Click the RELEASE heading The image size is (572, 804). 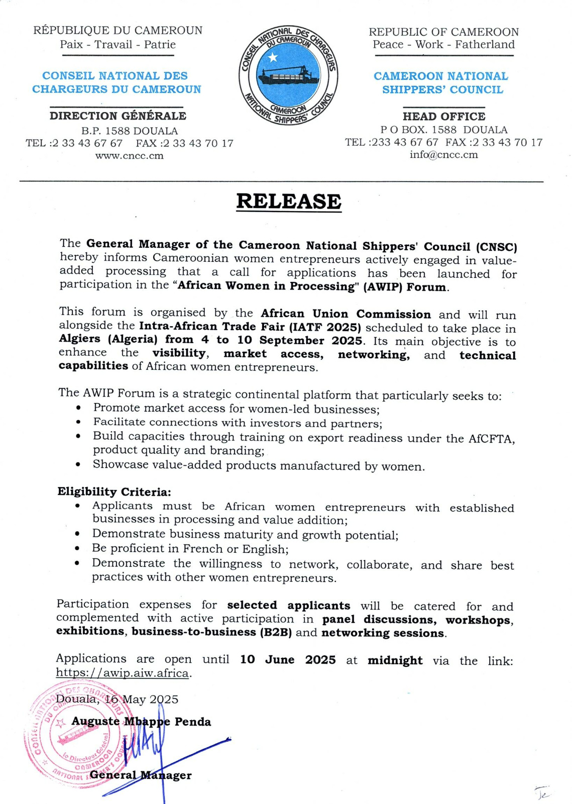[x=289, y=202]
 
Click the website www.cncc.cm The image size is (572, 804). [x=130, y=156]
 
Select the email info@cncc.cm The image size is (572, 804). [x=443, y=155]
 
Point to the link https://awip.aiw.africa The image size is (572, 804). [x=123, y=673]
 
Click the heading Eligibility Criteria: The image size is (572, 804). [x=114, y=491]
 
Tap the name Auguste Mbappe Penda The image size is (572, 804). [x=141, y=722]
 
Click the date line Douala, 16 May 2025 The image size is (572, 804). [x=117, y=699]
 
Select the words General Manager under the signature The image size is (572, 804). [x=141, y=775]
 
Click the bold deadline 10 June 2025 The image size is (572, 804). [x=288, y=660]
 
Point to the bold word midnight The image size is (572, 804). [x=395, y=660]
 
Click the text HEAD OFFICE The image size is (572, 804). [x=443, y=116]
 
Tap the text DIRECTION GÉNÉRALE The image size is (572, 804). [x=118, y=116]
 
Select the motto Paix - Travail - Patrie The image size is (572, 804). [x=118, y=44]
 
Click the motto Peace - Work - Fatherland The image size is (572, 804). [x=443, y=44]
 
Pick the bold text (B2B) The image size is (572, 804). [x=276, y=632]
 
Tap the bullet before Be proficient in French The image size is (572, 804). [x=77, y=549]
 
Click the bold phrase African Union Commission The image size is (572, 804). [x=346, y=314]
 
